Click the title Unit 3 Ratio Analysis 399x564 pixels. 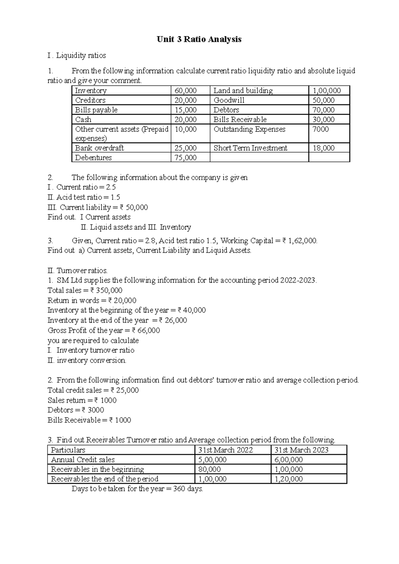pos(199,39)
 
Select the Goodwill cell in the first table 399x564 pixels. pos(229,100)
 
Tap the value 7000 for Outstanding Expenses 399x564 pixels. pos(321,129)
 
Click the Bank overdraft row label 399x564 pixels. pos(99,148)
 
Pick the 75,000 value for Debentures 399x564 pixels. pos(186,158)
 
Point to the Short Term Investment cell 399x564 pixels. pos(250,148)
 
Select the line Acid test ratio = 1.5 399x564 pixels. pos(84,197)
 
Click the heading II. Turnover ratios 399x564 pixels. pos(77,270)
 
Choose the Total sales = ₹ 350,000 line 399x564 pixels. pos(85,290)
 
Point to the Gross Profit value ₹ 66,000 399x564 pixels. pos(146,330)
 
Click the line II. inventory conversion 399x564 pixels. pos(87,360)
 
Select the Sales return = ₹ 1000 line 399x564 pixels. pos(82,400)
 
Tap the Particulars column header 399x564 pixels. pos(68,450)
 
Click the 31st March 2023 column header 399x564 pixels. pos(301,450)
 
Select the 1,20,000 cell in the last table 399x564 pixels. pos(288,479)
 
